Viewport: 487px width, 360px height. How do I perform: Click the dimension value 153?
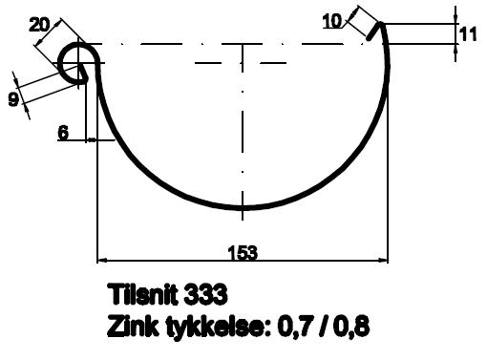click(243, 253)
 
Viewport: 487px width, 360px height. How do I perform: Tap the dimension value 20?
click(39, 25)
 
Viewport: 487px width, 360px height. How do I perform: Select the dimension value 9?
click(13, 99)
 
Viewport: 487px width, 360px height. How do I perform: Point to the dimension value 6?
click(63, 132)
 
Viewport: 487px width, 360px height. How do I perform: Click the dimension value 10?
click(332, 21)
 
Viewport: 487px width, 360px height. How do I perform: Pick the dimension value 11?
click(468, 34)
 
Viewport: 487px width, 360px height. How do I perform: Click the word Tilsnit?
click(142, 294)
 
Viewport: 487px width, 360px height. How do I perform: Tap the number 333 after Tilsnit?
click(205, 294)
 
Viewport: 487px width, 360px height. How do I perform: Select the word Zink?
click(133, 326)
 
